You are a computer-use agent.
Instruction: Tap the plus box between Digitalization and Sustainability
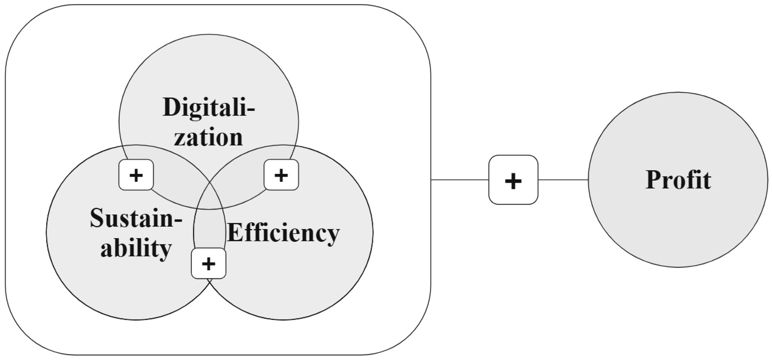click(136, 175)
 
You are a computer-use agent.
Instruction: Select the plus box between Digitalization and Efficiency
click(281, 175)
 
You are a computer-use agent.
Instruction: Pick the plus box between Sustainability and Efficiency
click(208, 263)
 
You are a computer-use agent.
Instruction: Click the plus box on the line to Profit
click(513, 180)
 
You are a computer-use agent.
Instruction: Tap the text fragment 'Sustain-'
click(136, 218)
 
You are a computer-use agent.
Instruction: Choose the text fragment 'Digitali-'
click(208, 107)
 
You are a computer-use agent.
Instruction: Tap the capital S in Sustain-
click(97, 218)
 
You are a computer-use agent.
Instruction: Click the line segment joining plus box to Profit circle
click(563, 180)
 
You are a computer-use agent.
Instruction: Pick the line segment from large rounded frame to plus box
click(460, 180)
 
